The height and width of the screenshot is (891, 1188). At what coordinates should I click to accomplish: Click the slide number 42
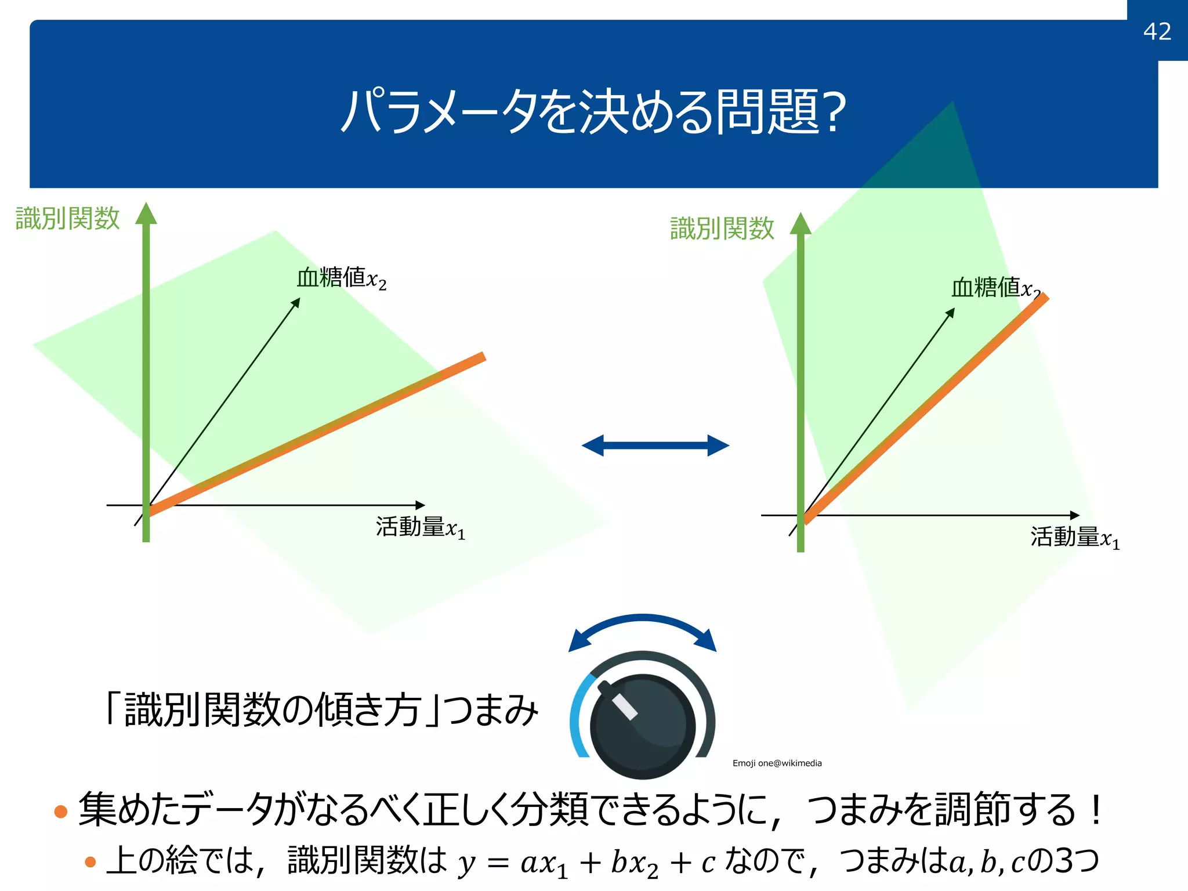point(1157,31)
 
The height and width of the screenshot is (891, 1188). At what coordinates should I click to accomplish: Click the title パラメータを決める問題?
point(593,111)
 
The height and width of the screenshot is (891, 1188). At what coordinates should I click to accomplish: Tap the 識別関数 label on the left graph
point(67,219)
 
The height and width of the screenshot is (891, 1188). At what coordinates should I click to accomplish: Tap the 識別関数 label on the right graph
point(722,229)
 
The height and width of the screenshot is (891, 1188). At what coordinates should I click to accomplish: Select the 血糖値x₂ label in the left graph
point(341,278)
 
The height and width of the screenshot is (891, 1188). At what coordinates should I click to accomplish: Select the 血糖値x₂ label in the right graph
point(995,288)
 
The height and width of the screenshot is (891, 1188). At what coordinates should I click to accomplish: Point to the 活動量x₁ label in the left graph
point(420,528)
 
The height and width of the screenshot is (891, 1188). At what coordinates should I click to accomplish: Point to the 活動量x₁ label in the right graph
point(1074,538)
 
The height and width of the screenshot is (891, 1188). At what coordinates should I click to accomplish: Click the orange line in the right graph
point(928,409)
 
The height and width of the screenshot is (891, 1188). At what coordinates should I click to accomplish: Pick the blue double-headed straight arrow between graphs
point(655,445)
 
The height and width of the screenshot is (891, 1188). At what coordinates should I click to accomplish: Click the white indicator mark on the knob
point(625,706)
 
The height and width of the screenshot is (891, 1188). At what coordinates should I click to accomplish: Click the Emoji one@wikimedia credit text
point(777,763)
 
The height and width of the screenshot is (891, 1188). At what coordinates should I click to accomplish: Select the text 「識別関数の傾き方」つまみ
point(320,710)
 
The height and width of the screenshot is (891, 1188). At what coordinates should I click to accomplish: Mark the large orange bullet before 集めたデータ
point(61,811)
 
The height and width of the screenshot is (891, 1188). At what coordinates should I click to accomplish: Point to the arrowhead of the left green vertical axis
point(146,213)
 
